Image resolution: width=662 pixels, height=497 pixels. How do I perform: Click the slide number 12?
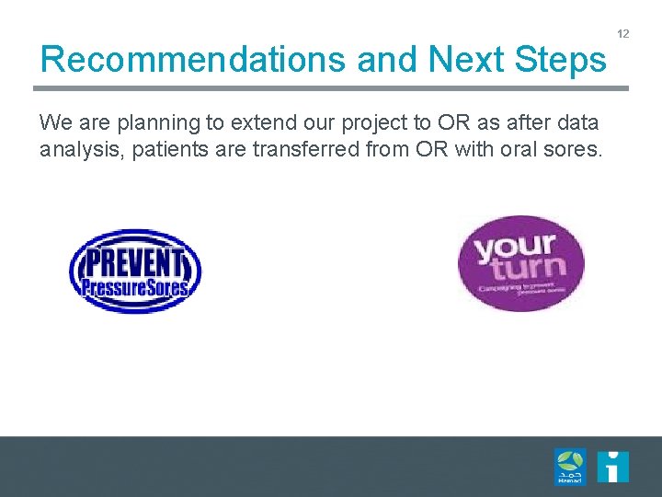[623, 34]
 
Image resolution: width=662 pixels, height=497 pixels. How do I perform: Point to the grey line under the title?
[331, 88]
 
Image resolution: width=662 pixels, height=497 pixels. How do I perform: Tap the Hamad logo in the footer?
[569, 466]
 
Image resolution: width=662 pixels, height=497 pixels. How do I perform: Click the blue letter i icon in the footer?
[612, 467]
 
